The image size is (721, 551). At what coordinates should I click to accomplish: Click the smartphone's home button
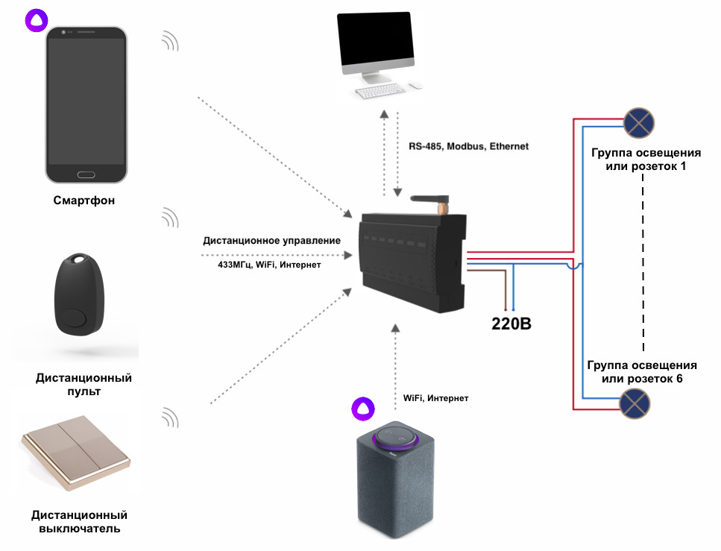click(86, 175)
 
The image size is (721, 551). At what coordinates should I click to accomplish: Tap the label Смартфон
click(84, 201)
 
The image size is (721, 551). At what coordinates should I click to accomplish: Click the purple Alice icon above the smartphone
click(35, 20)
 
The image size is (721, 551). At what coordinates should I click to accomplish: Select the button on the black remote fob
click(75, 320)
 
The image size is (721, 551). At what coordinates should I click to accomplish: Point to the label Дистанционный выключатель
click(79, 522)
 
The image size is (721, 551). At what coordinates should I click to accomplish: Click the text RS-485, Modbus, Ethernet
click(468, 147)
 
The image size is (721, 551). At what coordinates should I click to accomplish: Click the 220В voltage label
click(511, 324)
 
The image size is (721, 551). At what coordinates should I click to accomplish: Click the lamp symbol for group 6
click(636, 406)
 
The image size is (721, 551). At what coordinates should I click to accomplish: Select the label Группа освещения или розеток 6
click(642, 372)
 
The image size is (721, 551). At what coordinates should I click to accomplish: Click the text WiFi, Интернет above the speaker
click(435, 399)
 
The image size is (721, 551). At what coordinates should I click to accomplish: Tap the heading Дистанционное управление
click(271, 241)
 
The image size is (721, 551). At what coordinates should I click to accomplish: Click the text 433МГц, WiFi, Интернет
click(264, 265)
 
